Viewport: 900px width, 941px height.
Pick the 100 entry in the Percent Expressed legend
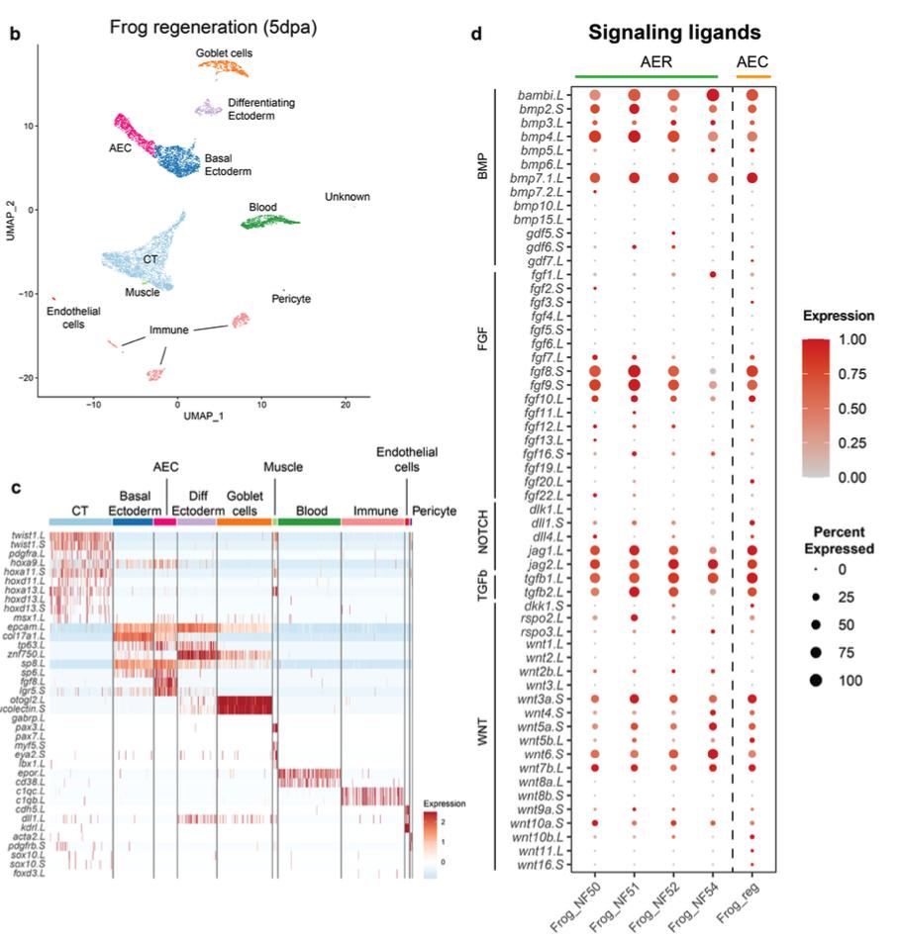(849, 680)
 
